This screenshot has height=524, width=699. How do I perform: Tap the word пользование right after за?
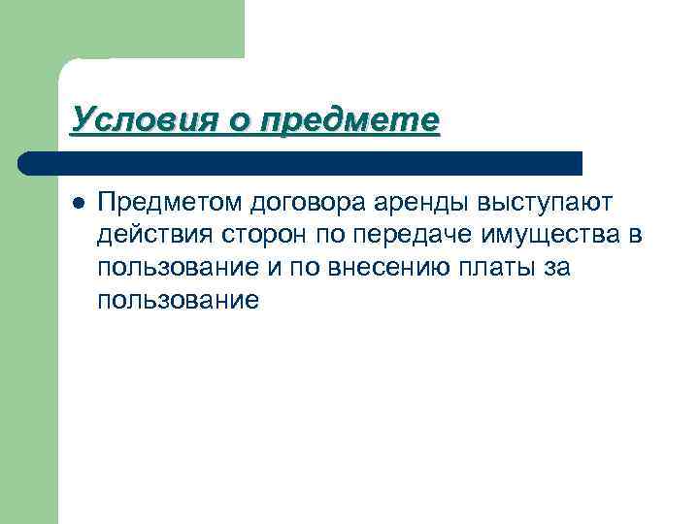pos(179,301)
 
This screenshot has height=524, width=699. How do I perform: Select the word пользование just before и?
pos(179,268)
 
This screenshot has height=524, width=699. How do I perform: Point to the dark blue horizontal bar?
pos(301,162)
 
